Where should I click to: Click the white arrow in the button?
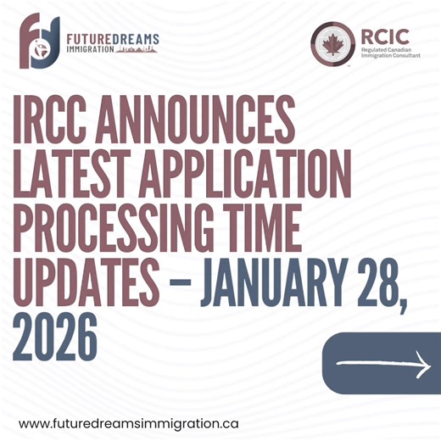384,364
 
